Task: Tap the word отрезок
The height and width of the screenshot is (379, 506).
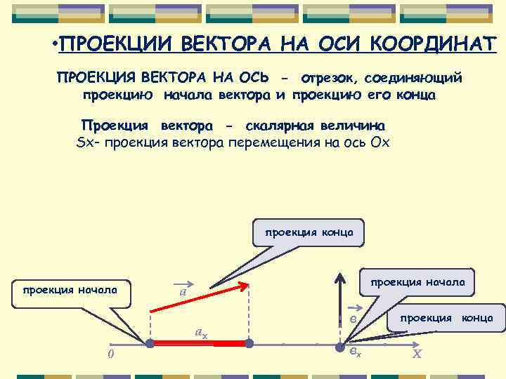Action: point(327,77)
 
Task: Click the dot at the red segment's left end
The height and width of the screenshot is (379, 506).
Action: point(150,344)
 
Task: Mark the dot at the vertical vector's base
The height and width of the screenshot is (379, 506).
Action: point(340,344)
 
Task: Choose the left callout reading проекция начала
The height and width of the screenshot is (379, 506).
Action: point(71,290)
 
